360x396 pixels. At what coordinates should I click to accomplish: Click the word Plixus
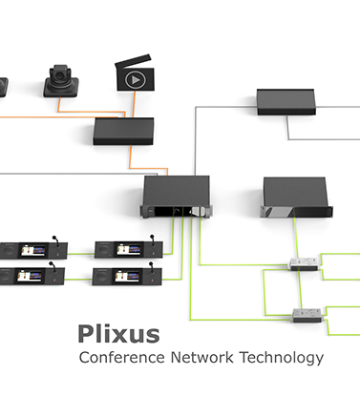pyautogui.click(x=118, y=334)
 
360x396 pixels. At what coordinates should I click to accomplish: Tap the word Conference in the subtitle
pyautogui.click(x=121, y=357)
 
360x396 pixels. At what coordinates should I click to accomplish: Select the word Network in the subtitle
pyautogui.click(x=201, y=357)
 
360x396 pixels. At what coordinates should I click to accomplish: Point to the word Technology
pyautogui.click(x=282, y=358)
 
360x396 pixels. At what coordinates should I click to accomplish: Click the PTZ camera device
pyautogui.click(x=61, y=81)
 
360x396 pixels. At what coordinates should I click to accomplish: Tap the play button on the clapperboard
pyautogui.click(x=136, y=80)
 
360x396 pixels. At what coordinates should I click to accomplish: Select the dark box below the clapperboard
pyautogui.click(x=123, y=132)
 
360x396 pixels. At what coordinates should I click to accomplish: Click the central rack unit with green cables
pyautogui.click(x=176, y=197)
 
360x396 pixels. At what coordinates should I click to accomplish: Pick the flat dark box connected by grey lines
pyautogui.click(x=286, y=102)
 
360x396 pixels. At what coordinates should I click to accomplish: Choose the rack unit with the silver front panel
pyautogui.click(x=296, y=198)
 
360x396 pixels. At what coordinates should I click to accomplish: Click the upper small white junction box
pyautogui.click(x=304, y=263)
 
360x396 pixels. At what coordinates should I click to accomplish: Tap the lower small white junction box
pyautogui.click(x=307, y=315)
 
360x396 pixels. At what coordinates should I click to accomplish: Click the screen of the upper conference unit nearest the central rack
pyautogui.click(x=129, y=250)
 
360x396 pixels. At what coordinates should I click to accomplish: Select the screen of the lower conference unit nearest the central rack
pyautogui.click(x=127, y=276)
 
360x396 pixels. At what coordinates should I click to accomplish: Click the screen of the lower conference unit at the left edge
pyautogui.click(x=30, y=276)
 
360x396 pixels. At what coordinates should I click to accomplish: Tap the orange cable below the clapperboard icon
pyautogui.click(x=134, y=104)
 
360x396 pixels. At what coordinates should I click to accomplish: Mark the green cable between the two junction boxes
pyautogui.click(x=300, y=289)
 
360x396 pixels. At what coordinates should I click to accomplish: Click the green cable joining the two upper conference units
pyautogui.click(x=81, y=254)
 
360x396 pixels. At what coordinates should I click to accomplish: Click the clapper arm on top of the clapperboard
pyautogui.click(x=133, y=61)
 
